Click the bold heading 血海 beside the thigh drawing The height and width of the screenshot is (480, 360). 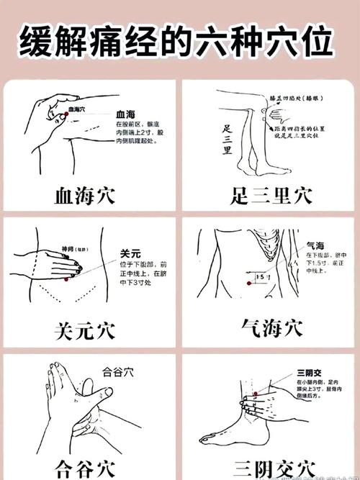125,114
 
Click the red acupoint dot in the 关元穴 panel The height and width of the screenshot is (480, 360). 66,278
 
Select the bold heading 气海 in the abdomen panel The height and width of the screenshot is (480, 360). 315,245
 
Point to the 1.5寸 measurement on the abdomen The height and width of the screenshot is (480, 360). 264,276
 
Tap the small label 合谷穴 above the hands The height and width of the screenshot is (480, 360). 118,372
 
